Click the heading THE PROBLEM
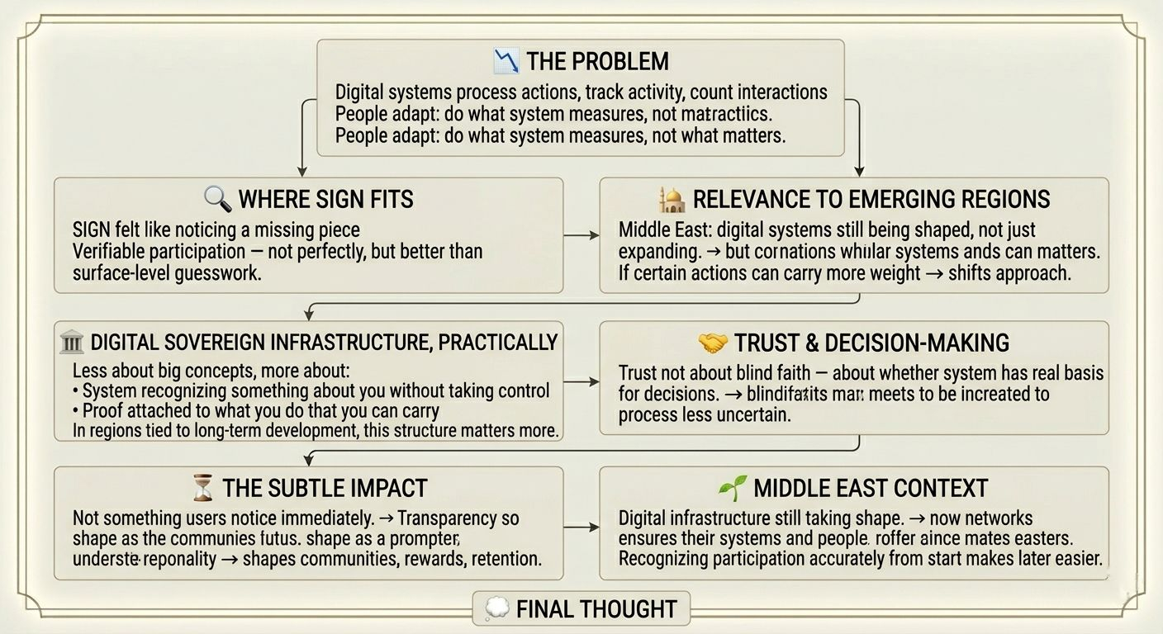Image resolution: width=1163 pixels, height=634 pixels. coord(597,61)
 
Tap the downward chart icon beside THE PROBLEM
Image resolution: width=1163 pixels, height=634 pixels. coord(506,60)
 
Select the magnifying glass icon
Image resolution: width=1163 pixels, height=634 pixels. coord(217,198)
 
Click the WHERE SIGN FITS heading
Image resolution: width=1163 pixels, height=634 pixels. coord(325,199)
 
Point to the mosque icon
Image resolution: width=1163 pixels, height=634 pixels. coord(672,199)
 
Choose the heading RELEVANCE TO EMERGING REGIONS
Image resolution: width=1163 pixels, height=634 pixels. coord(871,199)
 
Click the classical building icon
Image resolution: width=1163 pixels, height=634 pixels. coord(73,342)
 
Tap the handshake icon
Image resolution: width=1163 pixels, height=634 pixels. coord(712,342)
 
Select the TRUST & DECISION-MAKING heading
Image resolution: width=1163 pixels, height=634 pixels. coord(871,342)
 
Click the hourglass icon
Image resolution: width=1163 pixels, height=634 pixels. coord(202,488)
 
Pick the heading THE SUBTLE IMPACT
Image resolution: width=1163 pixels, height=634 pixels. coord(325,488)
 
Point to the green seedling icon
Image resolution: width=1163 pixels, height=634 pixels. coord(733,487)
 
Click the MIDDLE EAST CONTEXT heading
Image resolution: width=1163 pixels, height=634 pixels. coord(871,488)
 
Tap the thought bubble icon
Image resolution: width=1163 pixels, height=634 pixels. coord(496,609)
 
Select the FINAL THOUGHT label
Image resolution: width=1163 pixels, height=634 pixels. coord(596,609)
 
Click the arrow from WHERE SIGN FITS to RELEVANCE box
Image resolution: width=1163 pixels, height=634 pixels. coord(581,235)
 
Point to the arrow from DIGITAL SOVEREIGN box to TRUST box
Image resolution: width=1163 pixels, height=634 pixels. coord(581,381)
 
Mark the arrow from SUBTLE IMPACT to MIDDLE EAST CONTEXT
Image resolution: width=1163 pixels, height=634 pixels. coord(581,526)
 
